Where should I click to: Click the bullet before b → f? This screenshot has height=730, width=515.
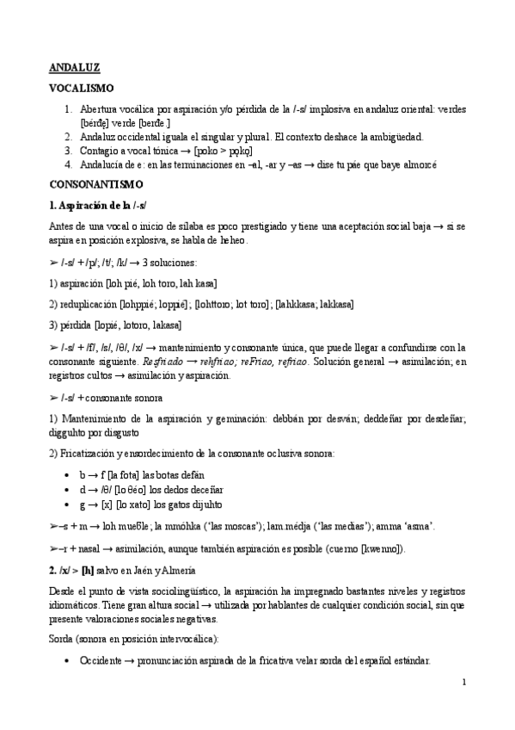(68, 474)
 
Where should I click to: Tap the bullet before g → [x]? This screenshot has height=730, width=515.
(68, 504)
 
